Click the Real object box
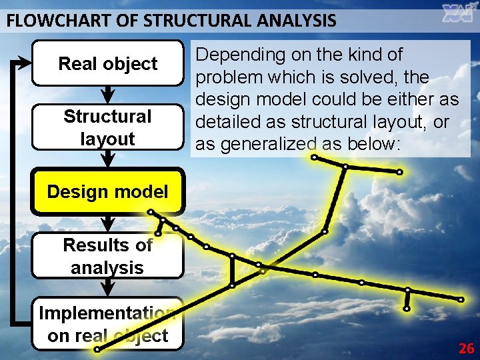click(x=107, y=63)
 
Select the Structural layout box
click(x=107, y=127)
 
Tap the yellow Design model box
click(x=107, y=192)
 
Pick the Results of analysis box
click(x=107, y=256)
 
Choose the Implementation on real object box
click(x=107, y=324)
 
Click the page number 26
click(x=466, y=348)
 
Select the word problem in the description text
click(x=223, y=77)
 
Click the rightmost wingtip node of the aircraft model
click(x=461, y=299)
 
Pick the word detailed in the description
click(x=223, y=123)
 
